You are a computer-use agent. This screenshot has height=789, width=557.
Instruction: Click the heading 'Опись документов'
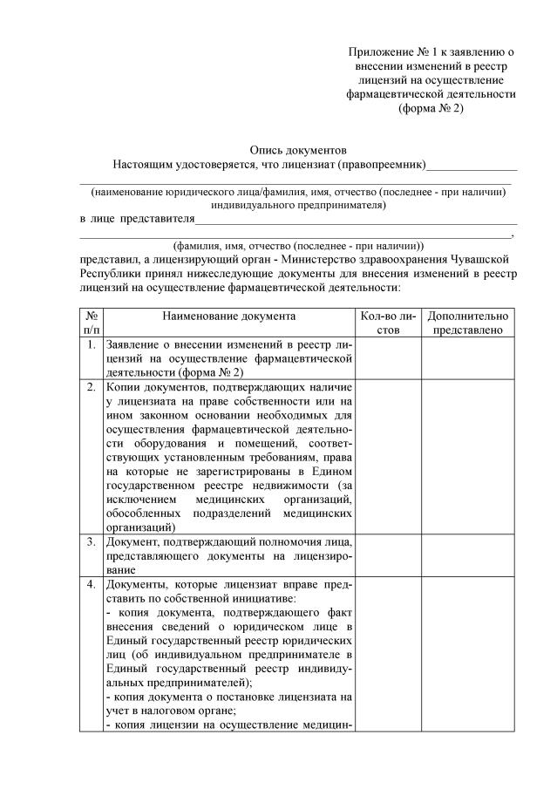[298, 149]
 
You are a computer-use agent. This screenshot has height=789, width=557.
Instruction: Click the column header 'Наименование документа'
[228, 316]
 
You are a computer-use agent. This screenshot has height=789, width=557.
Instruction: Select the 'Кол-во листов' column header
[389, 323]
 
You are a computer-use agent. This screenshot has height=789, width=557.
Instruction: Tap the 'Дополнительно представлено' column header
[466, 323]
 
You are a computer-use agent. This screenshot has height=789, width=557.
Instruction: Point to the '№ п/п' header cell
[92, 323]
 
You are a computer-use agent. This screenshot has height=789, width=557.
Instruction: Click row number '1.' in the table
[92, 346]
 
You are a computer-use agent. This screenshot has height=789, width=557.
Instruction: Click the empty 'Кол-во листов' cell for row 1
[389, 359]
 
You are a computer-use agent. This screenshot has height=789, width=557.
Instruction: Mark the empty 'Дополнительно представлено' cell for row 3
[466, 555]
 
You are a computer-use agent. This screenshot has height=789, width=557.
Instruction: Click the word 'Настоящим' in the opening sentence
[140, 165]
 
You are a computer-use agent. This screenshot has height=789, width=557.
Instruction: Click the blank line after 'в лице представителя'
[356, 219]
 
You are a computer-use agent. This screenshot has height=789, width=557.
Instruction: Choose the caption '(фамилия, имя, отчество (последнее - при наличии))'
[298, 246]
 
